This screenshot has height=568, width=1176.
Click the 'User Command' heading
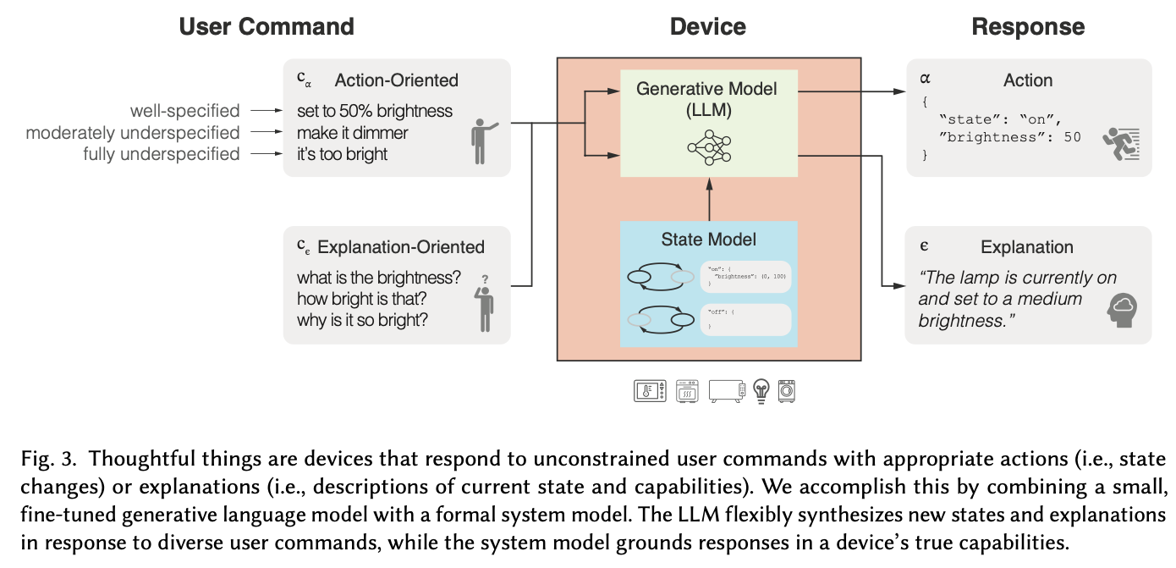[266, 26]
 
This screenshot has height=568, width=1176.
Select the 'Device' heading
[707, 26]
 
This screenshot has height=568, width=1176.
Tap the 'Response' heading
[1028, 26]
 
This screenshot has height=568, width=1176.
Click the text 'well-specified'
[184, 111]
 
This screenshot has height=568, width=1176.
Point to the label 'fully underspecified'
[161, 154]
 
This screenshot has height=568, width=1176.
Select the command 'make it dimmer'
[352, 133]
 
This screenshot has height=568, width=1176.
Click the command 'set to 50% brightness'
[374, 111]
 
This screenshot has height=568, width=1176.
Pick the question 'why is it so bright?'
[362, 321]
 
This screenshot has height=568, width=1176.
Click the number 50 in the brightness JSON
[1072, 137]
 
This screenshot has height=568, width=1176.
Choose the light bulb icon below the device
[761, 391]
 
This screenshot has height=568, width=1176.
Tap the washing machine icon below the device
[787, 390]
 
